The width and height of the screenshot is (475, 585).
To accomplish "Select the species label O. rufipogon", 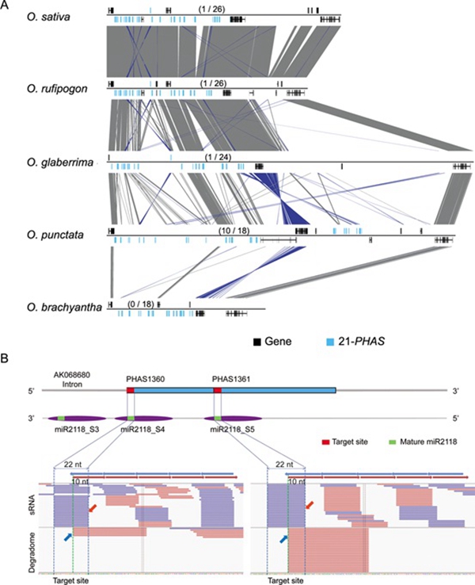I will (x=55, y=87).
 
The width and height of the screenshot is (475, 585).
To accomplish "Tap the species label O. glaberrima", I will (x=56, y=162).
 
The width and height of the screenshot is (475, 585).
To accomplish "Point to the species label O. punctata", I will (x=52, y=232).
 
